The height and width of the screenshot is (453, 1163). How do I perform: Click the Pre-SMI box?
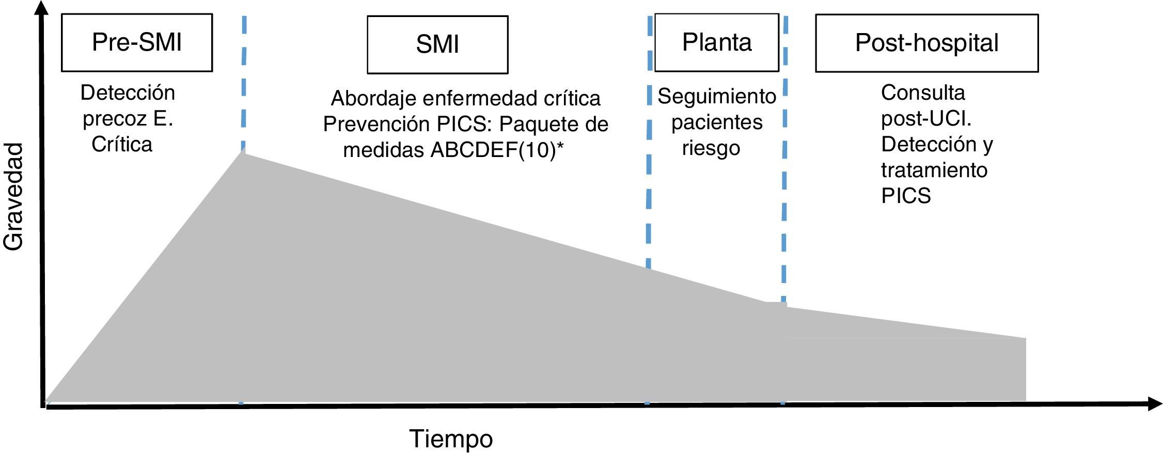pos(137,42)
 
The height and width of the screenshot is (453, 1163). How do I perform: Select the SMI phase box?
pos(437,44)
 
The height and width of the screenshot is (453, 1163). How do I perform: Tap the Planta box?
pos(716,42)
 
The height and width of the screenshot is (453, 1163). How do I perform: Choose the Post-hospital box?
pos(926,43)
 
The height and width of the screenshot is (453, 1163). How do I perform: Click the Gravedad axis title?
pos(14,197)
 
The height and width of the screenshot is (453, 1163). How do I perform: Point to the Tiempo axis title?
pos(451,439)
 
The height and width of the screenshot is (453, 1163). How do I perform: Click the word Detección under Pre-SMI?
pos(128,93)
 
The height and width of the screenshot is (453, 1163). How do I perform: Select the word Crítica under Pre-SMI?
pos(122,145)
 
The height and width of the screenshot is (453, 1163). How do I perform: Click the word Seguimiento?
pos(717,96)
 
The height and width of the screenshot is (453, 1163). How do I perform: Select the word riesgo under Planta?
pos(711,148)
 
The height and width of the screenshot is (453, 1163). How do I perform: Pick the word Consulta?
pos(923,93)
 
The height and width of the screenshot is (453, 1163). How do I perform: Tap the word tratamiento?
pos(934,170)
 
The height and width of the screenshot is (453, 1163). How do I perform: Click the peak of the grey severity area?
pos(243,150)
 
